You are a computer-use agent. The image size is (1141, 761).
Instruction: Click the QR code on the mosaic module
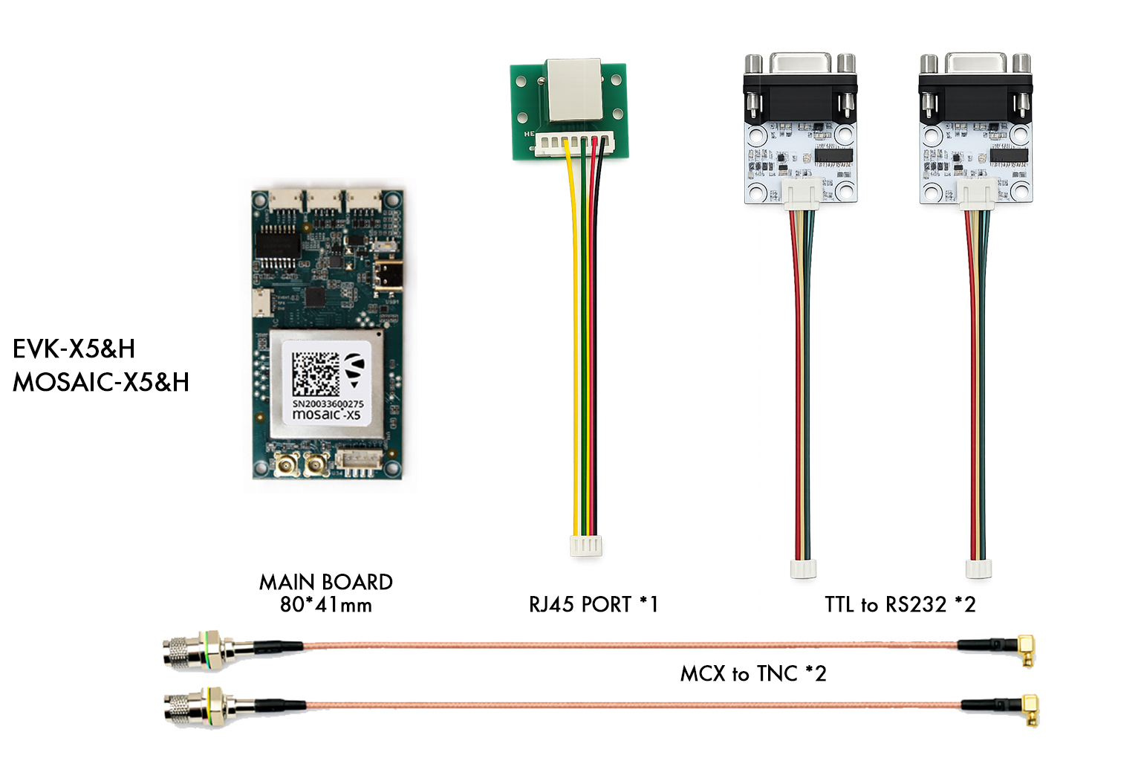click(316, 374)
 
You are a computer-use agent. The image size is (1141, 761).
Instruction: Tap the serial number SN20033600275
click(328, 404)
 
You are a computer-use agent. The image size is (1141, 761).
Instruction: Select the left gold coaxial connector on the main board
click(287, 465)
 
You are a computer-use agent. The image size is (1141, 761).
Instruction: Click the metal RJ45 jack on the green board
click(573, 89)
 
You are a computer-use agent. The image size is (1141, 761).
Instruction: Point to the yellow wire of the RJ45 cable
click(574, 334)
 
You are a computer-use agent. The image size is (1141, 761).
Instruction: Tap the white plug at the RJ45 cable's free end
click(585, 546)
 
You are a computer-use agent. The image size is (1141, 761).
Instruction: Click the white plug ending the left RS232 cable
click(803, 569)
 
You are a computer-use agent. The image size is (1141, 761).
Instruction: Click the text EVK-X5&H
click(74, 349)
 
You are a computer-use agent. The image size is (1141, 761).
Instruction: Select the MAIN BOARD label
click(325, 582)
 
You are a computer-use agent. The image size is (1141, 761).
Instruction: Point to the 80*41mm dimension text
click(325, 605)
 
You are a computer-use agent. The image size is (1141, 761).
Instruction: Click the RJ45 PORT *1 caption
click(593, 604)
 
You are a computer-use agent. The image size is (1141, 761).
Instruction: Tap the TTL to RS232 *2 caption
click(900, 604)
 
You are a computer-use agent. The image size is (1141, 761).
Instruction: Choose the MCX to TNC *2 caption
click(752, 673)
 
